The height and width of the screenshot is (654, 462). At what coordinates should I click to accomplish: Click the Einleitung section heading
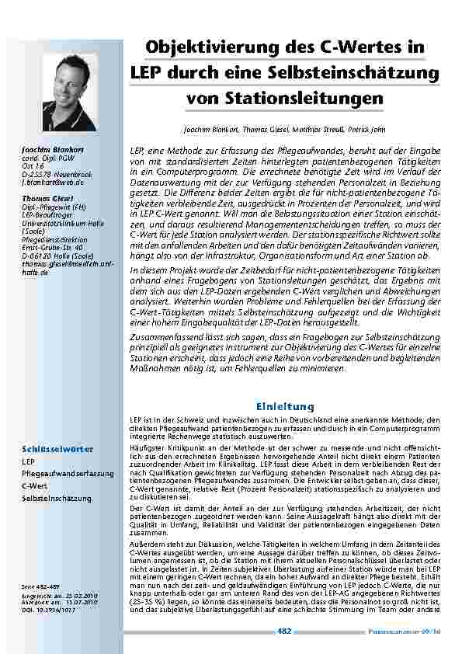pos(285,406)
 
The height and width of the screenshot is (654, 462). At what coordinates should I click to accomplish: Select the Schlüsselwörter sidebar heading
pos(58,449)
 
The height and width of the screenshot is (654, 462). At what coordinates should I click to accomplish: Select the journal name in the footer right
pos(415,631)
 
